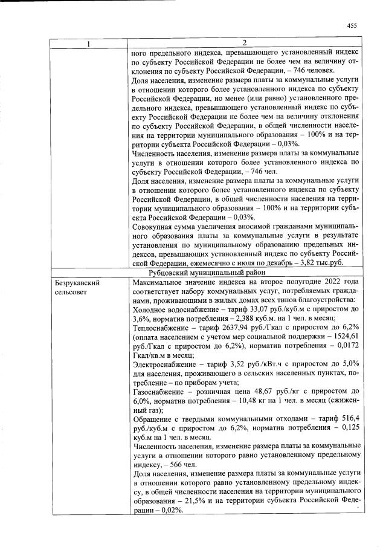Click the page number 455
click(x=353, y=25)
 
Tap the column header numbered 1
click(x=89, y=44)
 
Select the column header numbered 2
click(x=245, y=44)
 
